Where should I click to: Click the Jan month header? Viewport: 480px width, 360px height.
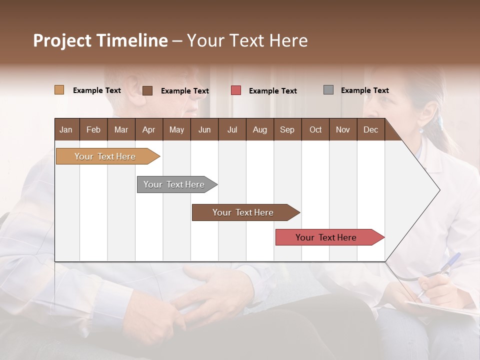pyautogui.click(x=66, y=129)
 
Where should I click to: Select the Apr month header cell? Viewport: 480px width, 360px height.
pyautogui.click(x=149, y=129)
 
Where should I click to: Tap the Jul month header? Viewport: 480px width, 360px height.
pyautogui.click(x=232, y=129)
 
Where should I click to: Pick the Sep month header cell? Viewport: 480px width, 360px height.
pyautogui.click(x=287, y=129)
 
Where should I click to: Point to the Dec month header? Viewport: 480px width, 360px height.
pyautogui.click(x=370, y=129)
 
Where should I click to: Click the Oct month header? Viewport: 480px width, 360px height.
pyautogui.click(x=315, y=129)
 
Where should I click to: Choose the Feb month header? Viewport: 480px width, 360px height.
pyautogui.click(x=93, y=129)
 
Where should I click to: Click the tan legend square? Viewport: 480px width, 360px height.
pyautogui.click(x=59, y=90)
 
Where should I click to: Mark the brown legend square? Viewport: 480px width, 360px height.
pyautogui.click(x=147, y=90)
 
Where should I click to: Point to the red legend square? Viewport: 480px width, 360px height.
pyautogui.click(x=236, y=90)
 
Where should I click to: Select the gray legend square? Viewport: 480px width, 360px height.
pyautogui.click(x=328, y=90)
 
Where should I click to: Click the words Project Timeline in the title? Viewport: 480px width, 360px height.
pyautogui.click(x=100, y=40)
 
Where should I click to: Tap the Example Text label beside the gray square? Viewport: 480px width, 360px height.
pyautogui.click(x=364, y=90)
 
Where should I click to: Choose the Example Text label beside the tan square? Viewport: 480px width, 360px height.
pyautogui.click(x=97, y=90)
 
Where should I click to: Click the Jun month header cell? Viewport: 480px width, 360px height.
pyautogui.click(x=204, y=129)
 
